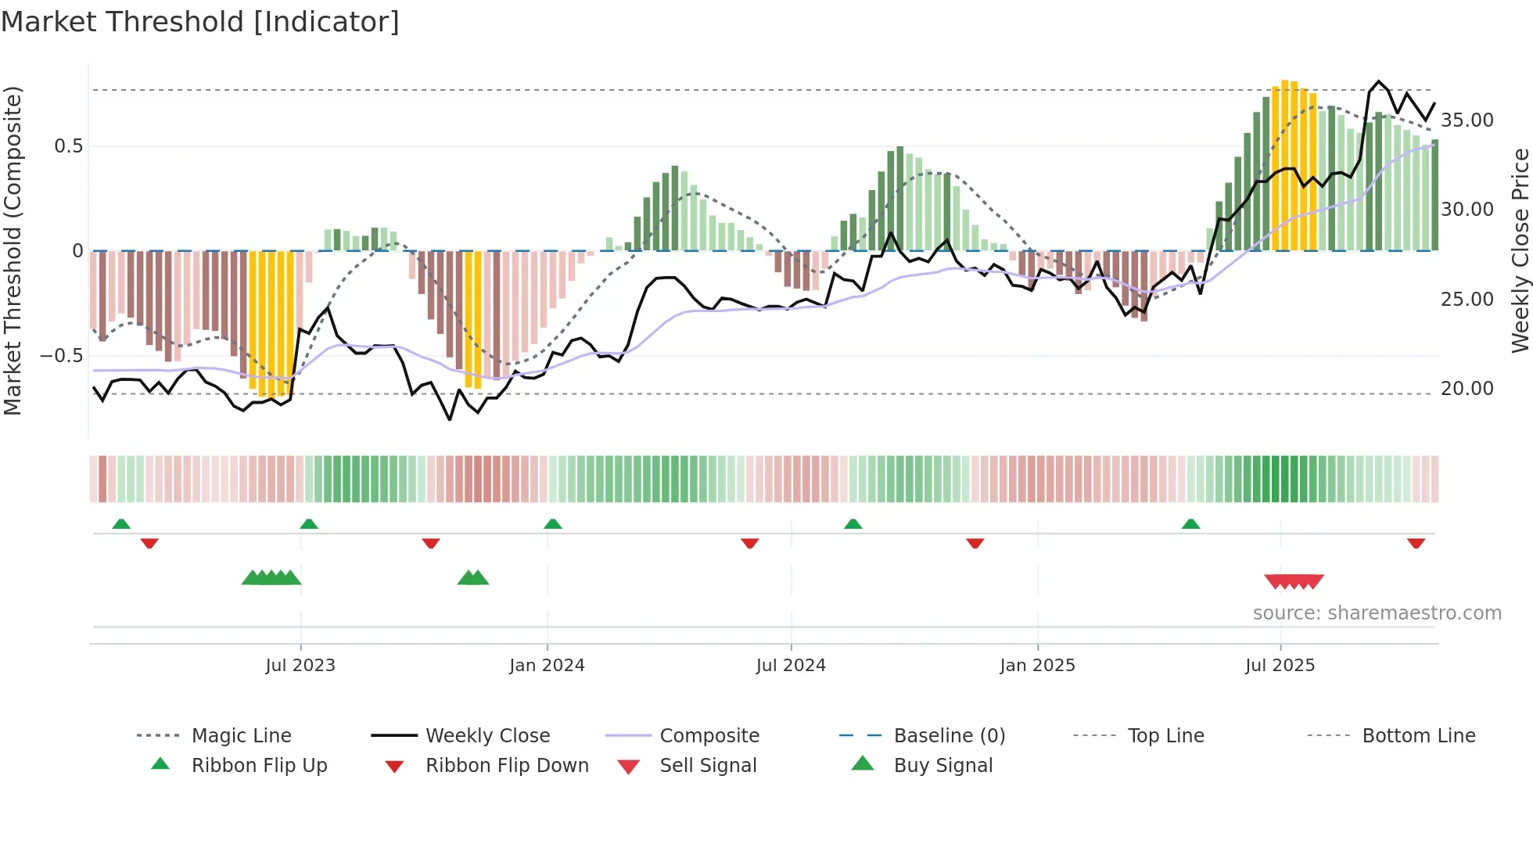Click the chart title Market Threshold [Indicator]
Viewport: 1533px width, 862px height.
pos(200,22)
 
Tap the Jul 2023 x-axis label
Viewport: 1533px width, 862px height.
pos(300,666)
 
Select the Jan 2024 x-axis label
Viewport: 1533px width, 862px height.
pos(547,666)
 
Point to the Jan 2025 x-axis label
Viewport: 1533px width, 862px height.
pos(1037,666)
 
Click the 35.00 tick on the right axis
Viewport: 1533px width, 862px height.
pos(1467,120)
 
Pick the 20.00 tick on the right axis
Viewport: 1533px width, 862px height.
pos(1467,389)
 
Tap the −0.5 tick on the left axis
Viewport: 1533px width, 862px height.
pos(62,356)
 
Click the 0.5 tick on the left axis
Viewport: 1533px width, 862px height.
pos(69,146)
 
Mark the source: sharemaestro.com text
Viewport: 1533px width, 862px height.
pos(1377,613)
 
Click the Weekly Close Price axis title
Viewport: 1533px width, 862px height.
pos(1520,250)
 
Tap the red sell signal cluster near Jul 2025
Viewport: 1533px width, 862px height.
pos(1294,581)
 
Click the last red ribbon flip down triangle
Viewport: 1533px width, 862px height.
pos(1416,543)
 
